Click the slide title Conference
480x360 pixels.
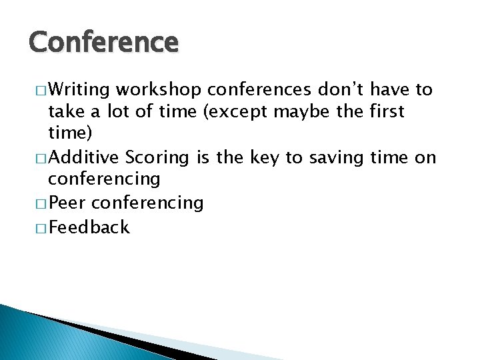104,43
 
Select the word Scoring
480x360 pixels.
157,158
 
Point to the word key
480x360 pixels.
263,157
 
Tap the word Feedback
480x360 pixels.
89,227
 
